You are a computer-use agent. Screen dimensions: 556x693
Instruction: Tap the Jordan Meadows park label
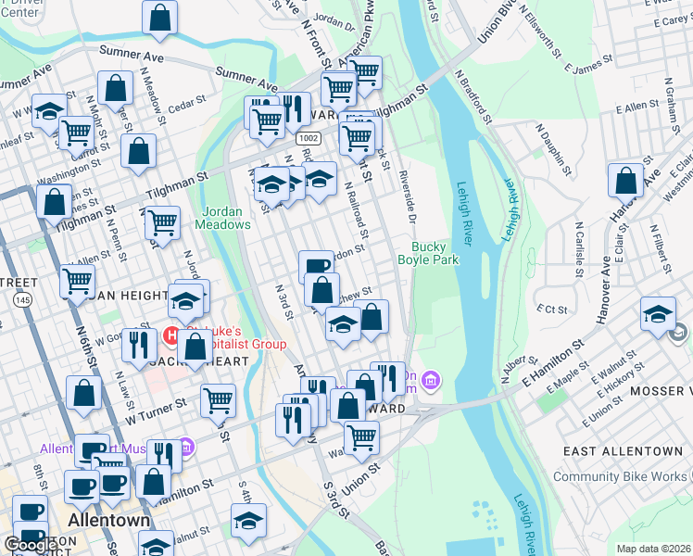[222, 217]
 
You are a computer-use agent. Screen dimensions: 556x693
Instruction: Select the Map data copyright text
[654, 549]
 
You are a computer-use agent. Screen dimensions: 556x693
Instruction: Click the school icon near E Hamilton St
[658, 315]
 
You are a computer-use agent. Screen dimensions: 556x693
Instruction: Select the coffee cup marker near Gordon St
[316, 266]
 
